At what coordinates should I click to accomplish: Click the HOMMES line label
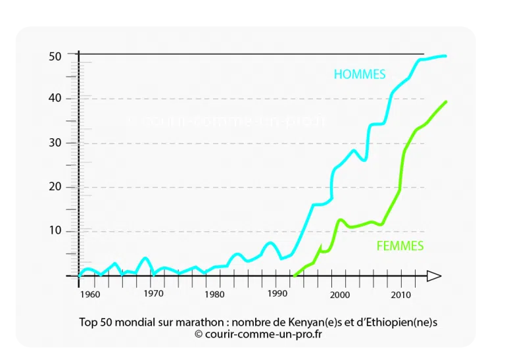pos(359,74)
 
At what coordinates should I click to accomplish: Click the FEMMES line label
pos(400,246)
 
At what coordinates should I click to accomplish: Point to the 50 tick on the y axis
pos(55,57)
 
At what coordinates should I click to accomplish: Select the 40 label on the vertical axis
pos(55,98)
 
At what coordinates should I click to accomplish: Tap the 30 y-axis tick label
pos(55,143)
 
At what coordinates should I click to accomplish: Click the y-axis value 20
pos(55,187)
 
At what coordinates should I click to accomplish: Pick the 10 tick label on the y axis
pos(55,231)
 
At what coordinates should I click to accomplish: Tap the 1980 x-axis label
pos(214,294)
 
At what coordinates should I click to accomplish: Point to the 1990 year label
pos(277,294)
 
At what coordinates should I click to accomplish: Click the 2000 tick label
pos(339,294)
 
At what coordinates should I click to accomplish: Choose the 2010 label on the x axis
pos(401,294)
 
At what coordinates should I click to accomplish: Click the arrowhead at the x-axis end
pos(434,276)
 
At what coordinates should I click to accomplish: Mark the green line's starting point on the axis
pos(294,276)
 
